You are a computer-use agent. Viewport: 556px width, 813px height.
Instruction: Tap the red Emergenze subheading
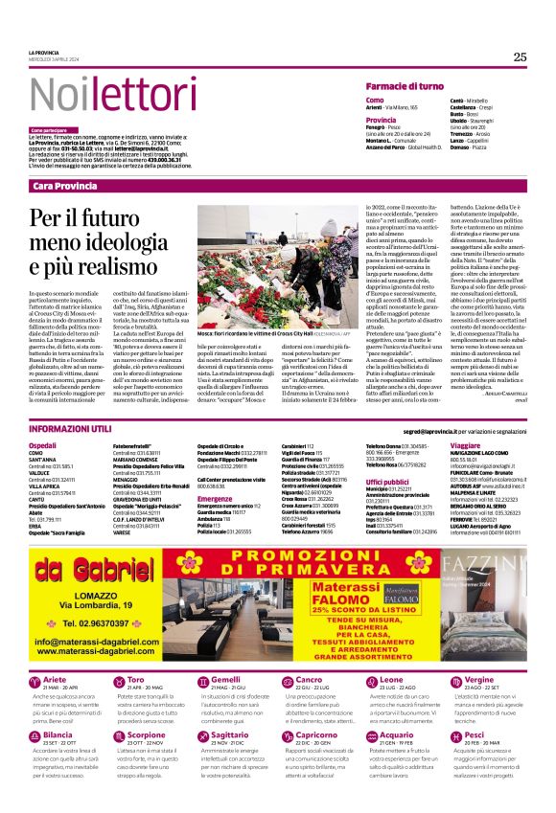click(216, 498)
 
